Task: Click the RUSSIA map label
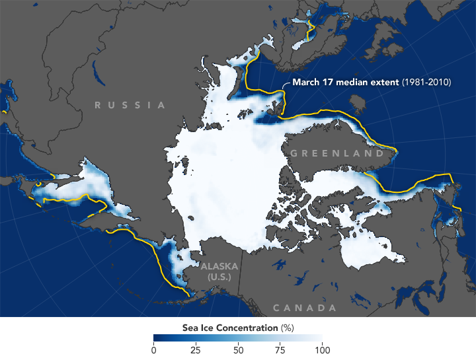pyautogui.click(x=130, y=105)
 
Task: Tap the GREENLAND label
pyautogui.click(x=337, y=153)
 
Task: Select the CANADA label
pyautogui.click(x=304, y=308)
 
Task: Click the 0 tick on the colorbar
pyautogui.click(x=154, y=350)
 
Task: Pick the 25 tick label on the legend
pyautogui.click(x=195, y=350)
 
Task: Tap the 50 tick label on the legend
pyautogui.click(x=238, y=350)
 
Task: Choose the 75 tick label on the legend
pyautogui.click(x=280, y=350)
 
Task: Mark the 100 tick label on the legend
pyautogui.click(x=321, y=350)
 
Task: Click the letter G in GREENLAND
pyautogui.click(x=294, y=153)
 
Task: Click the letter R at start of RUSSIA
pyautogui.click(x=97, y=105)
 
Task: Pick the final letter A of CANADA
pyautogui.click(x=331, y=308)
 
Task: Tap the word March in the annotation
pyautogui.click(x=305, y=83)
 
